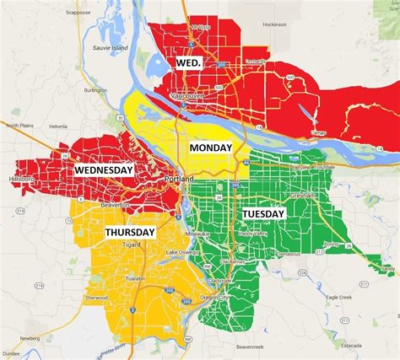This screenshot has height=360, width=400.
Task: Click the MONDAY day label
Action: click(x=211, y=148)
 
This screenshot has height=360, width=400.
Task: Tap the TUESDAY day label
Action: click(x=264, y=214)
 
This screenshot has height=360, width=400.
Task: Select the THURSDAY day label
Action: click(x=130, y=232)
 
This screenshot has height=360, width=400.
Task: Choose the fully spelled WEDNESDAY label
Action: click(x=104, y=169)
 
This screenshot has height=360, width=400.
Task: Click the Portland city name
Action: click(x=178, y=180)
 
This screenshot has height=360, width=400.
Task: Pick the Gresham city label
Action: click(x=302, y=195)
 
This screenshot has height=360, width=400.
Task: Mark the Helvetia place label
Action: click(x=57, y=126)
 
